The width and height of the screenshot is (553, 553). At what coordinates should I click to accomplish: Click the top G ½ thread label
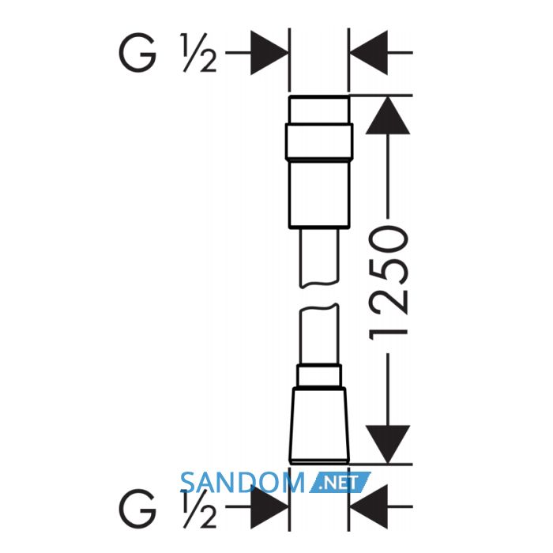pos(167,53)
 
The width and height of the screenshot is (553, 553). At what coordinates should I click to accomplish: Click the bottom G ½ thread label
pos(167,508)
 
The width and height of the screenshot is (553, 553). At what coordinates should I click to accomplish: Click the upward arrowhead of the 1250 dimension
pos(388,115)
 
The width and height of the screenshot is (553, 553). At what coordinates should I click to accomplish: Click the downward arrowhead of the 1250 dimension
pos(388,444)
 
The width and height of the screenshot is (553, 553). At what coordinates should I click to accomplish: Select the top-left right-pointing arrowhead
pos(269,53)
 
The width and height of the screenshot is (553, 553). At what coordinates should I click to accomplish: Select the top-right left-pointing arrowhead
pos(369,53)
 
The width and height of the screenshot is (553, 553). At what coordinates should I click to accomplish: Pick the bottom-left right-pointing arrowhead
pos(269,507)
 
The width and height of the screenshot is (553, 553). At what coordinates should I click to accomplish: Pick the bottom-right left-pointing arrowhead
pos(369,507)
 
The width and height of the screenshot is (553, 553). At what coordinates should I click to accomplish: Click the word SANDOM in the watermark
pos(243,483)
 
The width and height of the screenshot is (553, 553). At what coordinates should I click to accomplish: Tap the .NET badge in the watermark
pos(340,483)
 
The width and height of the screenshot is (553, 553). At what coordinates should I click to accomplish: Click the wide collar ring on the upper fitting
pos(319,141)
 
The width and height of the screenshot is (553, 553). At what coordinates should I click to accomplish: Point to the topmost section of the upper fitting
pos(319,109)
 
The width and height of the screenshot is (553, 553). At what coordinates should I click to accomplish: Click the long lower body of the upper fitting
pos(319,194)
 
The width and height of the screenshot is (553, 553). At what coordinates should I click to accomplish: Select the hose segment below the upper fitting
pos(319,258)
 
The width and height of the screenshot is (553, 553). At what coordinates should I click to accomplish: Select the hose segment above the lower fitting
pos(319,334)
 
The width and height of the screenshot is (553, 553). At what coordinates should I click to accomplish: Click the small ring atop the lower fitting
pos(319,375)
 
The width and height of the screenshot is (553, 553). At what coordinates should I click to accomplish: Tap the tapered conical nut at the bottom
pos(319,425)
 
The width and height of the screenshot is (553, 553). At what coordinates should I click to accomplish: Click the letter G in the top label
pos(137,53)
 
